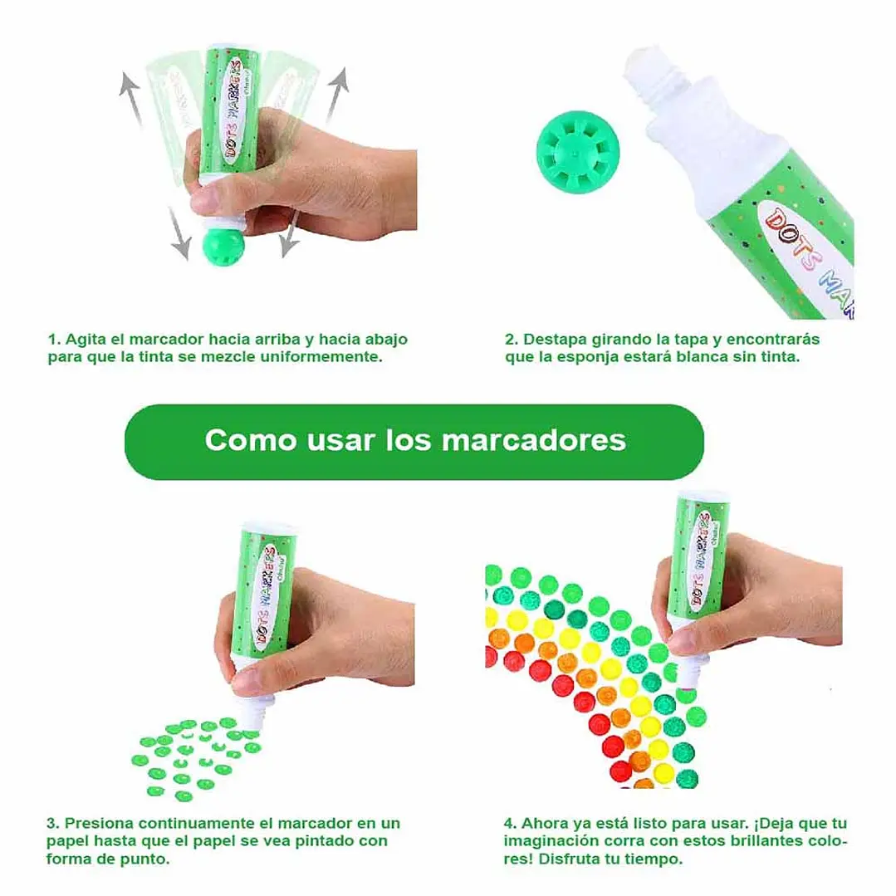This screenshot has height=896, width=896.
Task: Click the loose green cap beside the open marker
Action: click(578, 152)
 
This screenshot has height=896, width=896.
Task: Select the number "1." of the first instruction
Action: click(54, 340)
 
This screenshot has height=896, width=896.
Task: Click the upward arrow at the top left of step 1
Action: click(133, 97)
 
